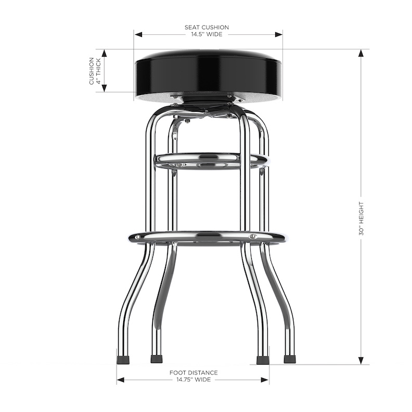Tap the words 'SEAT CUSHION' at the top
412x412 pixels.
(207, 28)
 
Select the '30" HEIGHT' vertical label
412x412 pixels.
(361, 219)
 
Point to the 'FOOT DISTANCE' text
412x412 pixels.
(194, 372)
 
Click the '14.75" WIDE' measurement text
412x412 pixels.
(194, 380)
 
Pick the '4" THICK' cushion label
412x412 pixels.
(98, 71)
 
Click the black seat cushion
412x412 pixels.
(208, 73)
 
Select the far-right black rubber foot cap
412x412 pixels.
(290, 358)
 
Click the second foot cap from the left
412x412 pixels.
(156, 358)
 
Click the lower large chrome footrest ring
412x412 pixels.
(207, 237)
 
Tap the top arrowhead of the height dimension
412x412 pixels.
(361, 53)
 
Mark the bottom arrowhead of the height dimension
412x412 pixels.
(361, 360)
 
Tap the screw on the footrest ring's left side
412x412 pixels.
(137, 237)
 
